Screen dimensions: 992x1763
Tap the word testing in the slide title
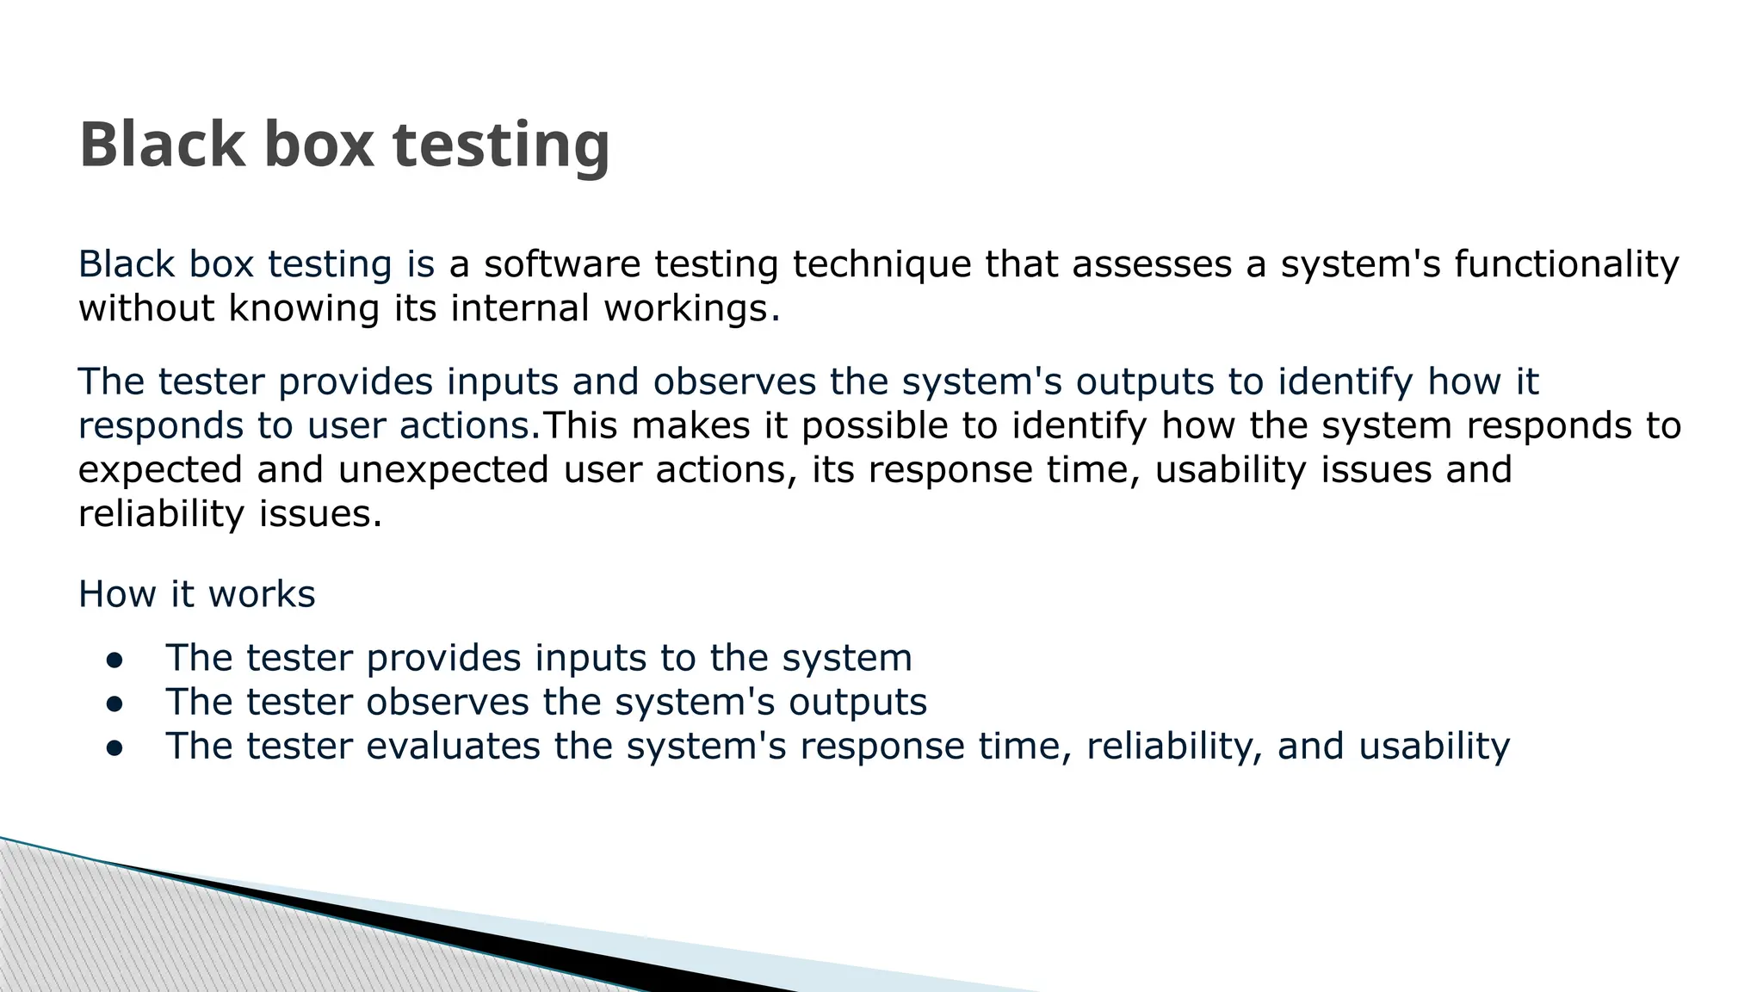pos(501,146)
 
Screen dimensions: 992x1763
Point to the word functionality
pos(1566,265)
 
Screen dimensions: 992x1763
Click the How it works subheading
pos(196,594)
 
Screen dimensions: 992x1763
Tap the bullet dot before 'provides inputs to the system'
pos(114,660)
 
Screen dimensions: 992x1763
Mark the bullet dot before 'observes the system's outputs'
pos(114,704)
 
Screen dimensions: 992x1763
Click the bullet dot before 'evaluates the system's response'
pos(114,748)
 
